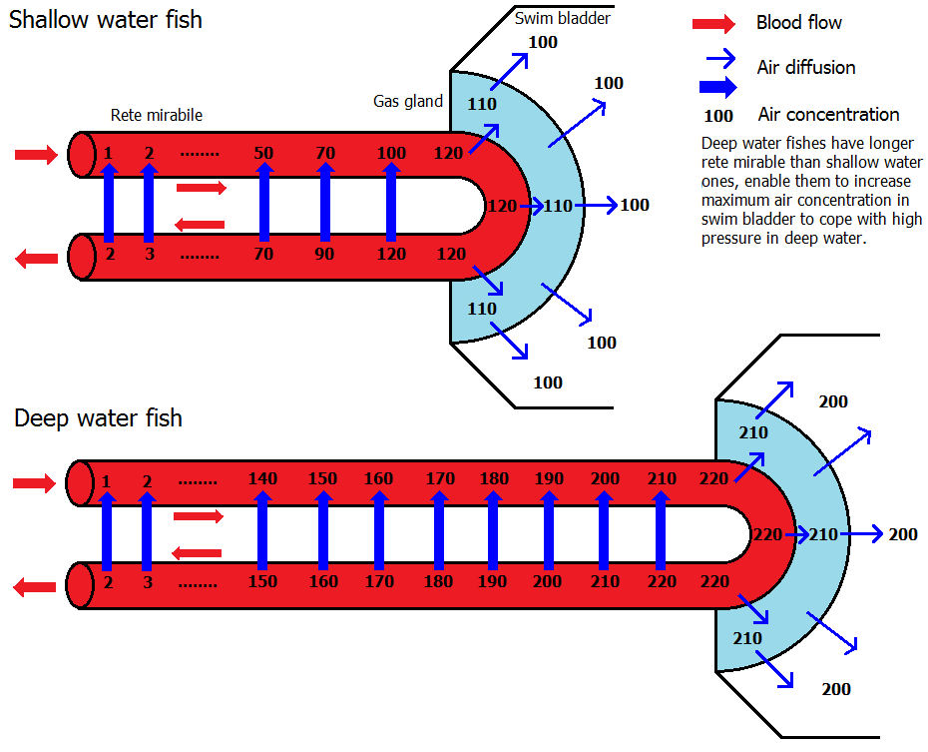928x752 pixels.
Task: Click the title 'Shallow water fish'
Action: pyautogui.click(x=106, y=20)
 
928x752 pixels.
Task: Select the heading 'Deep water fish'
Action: pyautogui.click(x=98, y=417)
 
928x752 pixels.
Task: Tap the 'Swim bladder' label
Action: pyautogui.click(x=563, y=18)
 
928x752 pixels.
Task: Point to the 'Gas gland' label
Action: pyautogui.click(x=408, y=101)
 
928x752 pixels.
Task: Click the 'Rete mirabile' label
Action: pyautogui.click(x=156, y=116)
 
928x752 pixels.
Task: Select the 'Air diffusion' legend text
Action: pyautogui.click(x=806, y=68)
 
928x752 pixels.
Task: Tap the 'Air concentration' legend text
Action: pyautogui.click(x=828, y=115)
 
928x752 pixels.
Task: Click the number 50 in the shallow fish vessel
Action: pyautogui.click(x=263, y=153)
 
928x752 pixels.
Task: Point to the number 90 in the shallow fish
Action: pyautogui.click(x=325, y=254)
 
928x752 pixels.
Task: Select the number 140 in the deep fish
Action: pyautogui.click(x=262, y=479)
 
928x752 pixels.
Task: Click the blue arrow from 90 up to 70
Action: pyautogui.click(x=325, y=203)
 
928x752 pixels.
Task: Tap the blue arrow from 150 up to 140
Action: pyautogui.click(x=262, y=530)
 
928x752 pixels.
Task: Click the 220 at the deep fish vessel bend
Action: pyautogui.click(x=768, y=534)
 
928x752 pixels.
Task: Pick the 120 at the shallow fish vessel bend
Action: pyautogui.click(x=503, y=206)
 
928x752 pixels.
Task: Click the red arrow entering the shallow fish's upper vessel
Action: pyautogui.click(x=37, y=154)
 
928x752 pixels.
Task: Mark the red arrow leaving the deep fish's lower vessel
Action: pyautogui.click(x=35, y=588)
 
